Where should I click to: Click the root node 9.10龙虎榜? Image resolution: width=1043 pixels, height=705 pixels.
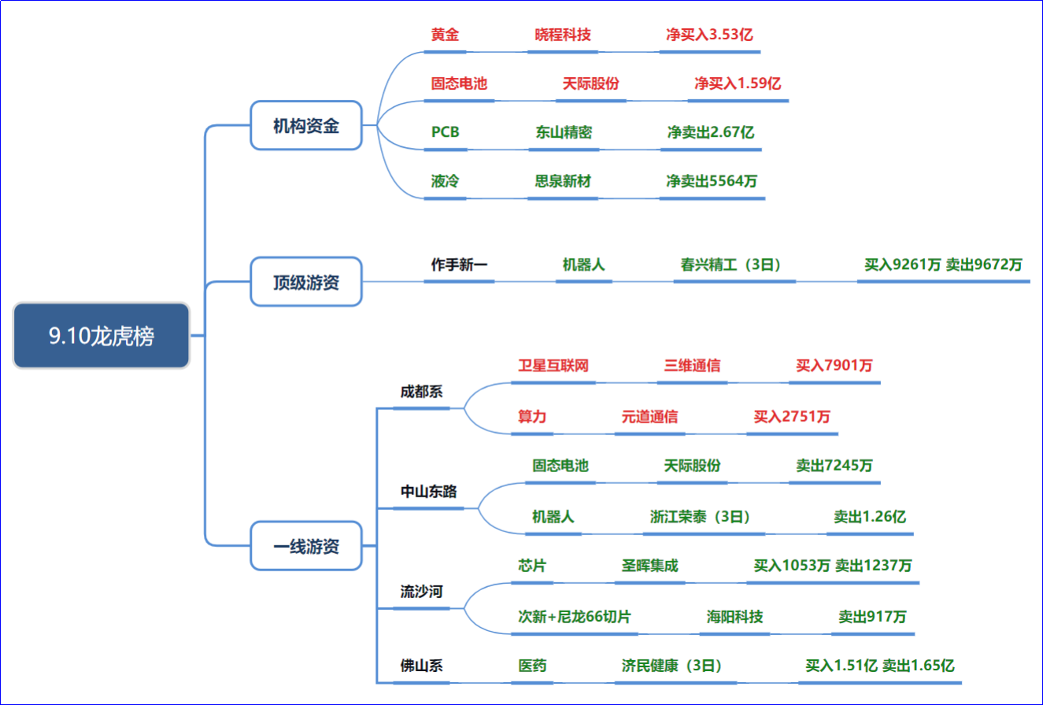tap(101, 335)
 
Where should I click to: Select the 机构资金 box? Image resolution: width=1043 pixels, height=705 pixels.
tap(306, 125)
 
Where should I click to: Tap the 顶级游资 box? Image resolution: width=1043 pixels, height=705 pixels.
tap(306, 282)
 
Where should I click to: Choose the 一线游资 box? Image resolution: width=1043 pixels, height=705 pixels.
tap(306, 545)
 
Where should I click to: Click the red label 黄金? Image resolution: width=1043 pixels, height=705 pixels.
tap(445, 35)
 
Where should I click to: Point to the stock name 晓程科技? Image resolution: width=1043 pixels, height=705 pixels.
tap(563, 35)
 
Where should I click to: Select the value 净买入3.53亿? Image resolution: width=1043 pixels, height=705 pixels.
tap(709, 35)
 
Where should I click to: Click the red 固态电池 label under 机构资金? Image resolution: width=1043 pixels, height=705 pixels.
tap(459, 83)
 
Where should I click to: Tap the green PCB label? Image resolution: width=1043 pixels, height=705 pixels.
tap(445, 132)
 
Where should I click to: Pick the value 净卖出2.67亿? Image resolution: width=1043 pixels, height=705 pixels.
tap(711, 132)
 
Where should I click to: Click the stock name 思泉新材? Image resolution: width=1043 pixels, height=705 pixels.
tap(563, 181)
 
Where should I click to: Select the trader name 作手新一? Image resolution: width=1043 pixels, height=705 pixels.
tap(459, 264)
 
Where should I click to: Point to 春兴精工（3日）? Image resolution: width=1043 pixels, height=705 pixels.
tap(730, 264)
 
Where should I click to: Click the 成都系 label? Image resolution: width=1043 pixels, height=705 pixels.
tap(421, 391)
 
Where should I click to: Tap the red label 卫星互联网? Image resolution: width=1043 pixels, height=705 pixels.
tap(553, 365)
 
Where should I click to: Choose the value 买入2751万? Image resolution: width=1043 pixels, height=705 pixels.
tap(792, 416)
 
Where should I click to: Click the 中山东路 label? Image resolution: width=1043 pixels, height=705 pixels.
tap(428, 492)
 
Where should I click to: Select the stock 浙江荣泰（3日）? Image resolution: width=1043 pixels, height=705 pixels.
tap(699, 516)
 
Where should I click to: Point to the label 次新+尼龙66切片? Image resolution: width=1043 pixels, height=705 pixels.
tap(574, 617)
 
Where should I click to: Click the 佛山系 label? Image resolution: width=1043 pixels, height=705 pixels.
tap(421, 666)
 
